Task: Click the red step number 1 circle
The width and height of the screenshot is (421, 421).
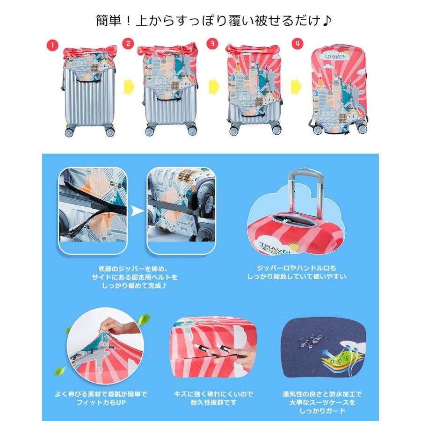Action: tap(52, 45)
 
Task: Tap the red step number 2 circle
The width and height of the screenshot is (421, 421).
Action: tap(128, 43)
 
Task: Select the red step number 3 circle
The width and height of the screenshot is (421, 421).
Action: tap(213, 43)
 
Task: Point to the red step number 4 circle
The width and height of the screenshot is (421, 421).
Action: tap(297, 43)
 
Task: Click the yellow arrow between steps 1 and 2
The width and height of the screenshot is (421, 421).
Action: tap(129, 87)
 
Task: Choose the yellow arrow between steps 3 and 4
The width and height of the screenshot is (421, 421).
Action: tap(296, 87)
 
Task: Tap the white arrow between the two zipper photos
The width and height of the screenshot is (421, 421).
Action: tap(137, 211)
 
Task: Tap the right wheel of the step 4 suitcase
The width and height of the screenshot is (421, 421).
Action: tap(363, 129)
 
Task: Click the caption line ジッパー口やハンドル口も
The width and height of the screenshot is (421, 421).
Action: tap(297, 268)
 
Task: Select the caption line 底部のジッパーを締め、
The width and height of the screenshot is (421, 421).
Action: tap(133, 269)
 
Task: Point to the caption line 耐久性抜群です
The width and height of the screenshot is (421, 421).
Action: tap(213, 402)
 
